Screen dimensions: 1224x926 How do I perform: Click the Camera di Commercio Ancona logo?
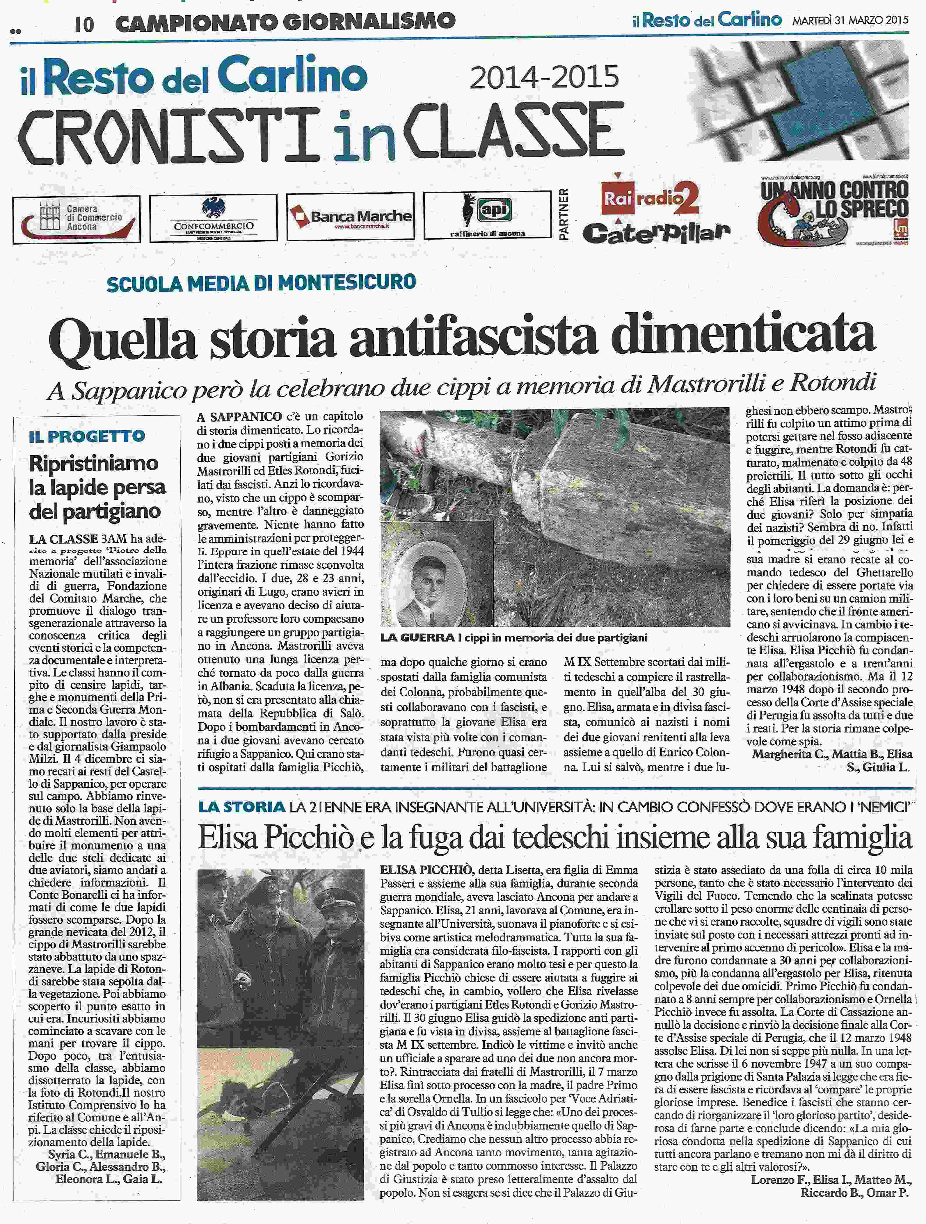[x=77, y=219]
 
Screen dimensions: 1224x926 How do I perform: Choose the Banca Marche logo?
[x=350, y=216]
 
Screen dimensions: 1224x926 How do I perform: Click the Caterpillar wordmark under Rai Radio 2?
[x=656, y=233]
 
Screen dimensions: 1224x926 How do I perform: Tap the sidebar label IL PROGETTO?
[x=87, y=436]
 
